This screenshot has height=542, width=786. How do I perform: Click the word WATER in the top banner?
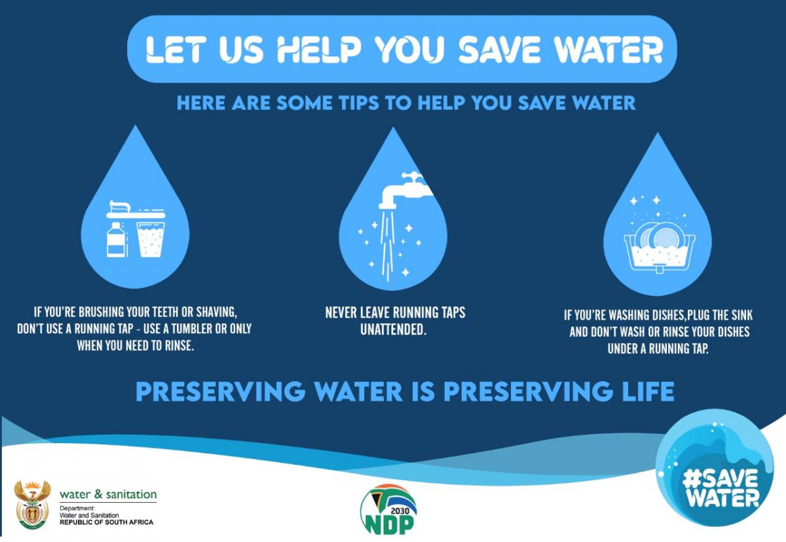tap(613, 50)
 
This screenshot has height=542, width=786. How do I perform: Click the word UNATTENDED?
tap(393, 329)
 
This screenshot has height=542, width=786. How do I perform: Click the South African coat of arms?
tap(32, 505)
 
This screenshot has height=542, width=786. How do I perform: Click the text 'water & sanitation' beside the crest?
tap(108, 494)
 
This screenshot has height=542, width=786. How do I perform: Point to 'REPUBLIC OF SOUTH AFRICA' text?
tap(106, 522)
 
